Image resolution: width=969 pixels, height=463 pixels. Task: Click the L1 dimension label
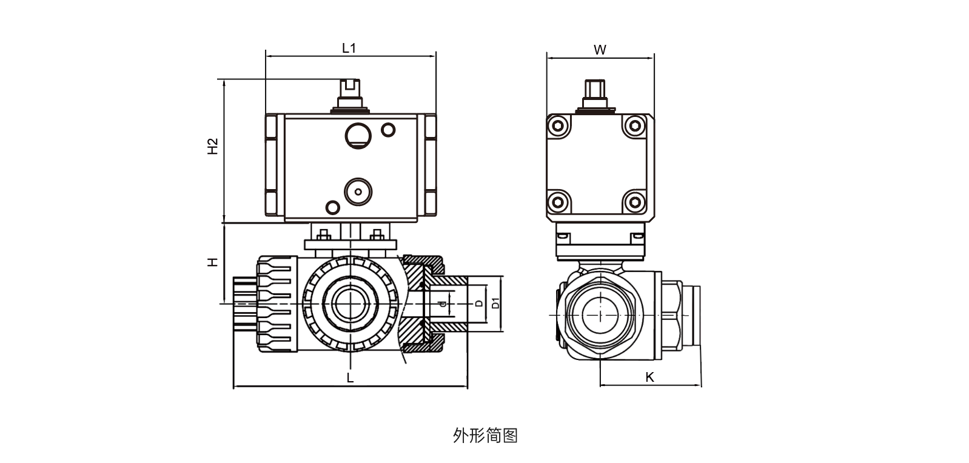[x=349, y=48]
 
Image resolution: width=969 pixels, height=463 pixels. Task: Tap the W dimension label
[x=600, y=50]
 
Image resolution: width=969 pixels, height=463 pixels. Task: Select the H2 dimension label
[x=213, y=146]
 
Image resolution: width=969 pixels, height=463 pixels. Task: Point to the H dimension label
[x=213, y=262]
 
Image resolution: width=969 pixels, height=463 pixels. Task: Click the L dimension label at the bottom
[x=350, y=378]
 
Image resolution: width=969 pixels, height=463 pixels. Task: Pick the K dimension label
[x=649, y=377]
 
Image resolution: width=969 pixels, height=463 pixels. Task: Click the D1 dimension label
[x=495, y=303]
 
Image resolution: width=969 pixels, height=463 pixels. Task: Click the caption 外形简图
[x=485, y=435]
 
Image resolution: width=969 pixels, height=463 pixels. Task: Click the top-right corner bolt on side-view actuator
[x=634, y=126]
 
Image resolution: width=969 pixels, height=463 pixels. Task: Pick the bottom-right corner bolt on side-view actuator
[x=634, y=201]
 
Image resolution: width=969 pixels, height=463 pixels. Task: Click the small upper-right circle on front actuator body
[x=388, y=129]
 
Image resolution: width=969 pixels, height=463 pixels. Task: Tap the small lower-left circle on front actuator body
[x=333, y=207]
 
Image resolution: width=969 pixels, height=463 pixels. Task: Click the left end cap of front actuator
[x=271, y=165]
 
